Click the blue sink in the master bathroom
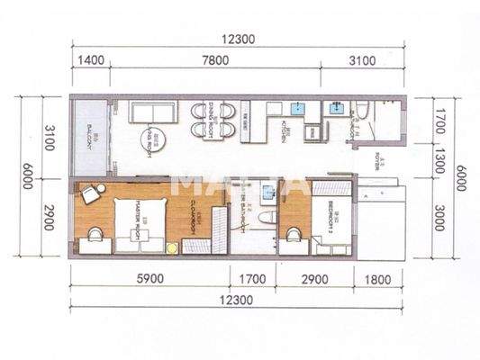[x=268, y=192]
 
